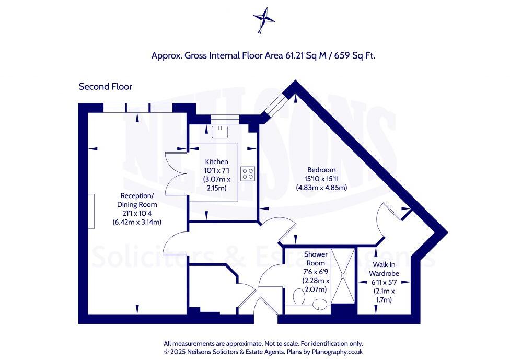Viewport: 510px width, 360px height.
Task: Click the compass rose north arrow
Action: [x=264, y=19]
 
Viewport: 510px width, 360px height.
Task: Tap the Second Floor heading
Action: [x=106, y=87]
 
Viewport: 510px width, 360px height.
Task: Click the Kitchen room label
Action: [x=217, y=161]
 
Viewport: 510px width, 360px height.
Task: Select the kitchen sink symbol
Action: [x=220, y=132]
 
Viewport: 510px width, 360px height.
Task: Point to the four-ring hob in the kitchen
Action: [x=248, y=173]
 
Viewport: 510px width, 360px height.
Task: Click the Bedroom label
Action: [x=321, y=170]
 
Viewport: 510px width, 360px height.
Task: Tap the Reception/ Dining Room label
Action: [x=137, y=200]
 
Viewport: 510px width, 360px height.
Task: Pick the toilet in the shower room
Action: [x=298, y=297]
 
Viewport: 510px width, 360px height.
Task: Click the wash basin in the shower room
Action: [x=320, y=305]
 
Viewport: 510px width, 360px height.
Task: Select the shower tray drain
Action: [x=343, y=276]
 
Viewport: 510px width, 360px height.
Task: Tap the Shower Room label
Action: [x=316, y=259]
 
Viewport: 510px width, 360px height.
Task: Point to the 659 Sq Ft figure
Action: [x=358, y=55]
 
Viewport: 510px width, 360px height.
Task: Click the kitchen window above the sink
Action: [x=225, y=119]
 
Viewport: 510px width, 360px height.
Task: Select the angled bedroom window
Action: [x=275, y=103]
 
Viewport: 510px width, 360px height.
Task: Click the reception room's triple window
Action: [x=137, y=108]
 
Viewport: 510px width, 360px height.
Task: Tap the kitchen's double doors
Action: [x=176, y=173]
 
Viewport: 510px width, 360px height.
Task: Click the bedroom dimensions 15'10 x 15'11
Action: [x=321, y=179]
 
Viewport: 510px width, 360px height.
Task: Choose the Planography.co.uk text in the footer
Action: [x=337, y=352]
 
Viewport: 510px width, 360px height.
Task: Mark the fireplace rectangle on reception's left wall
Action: [x=91, y=212]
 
